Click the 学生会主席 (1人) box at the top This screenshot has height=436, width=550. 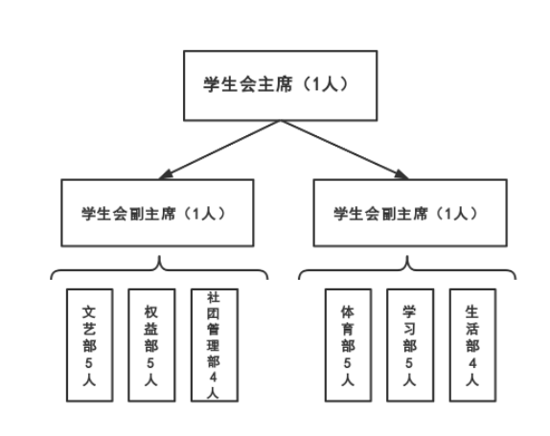click(280, 85)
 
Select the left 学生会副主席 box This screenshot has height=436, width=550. click(157, 213)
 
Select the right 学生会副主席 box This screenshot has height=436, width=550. click(410, 213)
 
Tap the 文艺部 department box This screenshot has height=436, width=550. click(89, 345)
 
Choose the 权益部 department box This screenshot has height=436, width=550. click(151, 345)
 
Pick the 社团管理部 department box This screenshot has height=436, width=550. click(215, 345)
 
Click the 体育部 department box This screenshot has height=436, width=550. click(348, 345)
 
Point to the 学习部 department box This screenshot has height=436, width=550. click(410, 345)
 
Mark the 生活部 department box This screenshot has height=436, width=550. click(472, 345)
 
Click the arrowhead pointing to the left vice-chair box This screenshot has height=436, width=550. click(165, 174)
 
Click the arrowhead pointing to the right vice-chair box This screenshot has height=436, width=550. click(402, 174)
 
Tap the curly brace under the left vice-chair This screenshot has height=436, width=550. click(160, 269)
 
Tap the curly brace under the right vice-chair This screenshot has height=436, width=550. click(407, 269)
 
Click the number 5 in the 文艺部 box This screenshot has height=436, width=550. click(89, 363)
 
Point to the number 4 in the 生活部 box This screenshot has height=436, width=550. click(472, 363)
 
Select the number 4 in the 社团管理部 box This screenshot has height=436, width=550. click(214, 378)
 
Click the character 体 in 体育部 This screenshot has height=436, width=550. click(348, 311)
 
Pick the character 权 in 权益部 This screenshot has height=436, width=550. click(150, 311)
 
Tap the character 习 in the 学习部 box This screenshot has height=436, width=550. click(409, 329)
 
